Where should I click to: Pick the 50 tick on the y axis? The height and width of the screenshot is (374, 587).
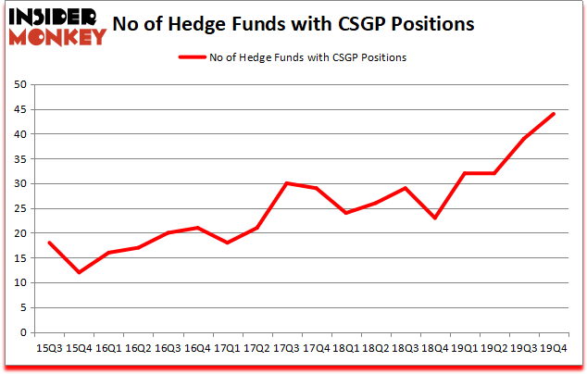pyautogui.click(x=21, y=85)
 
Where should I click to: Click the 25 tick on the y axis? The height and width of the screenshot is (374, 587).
pyautogui.click(x=21, y=208)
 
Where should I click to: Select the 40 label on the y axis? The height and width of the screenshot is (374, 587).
pyautogui.click(x=21, y=134)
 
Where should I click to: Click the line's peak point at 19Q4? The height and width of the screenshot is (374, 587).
pyautogui.click(x=554, y=114)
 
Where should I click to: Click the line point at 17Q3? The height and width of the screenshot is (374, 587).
pyautogui.click(x=286, y=183)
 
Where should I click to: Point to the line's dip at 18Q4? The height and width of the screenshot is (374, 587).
pyautogui.click(x=435, y=218)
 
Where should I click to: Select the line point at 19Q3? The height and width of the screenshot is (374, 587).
pyautogui.click(x=524, y=139)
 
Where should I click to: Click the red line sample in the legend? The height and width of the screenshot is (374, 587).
pyautogui.click(x=194, y=57)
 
